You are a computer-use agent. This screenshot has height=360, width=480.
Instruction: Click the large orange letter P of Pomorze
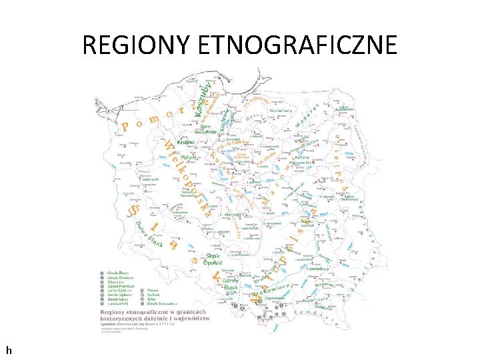point(126,126)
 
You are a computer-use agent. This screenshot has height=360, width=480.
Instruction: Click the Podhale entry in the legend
point(153,295)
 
